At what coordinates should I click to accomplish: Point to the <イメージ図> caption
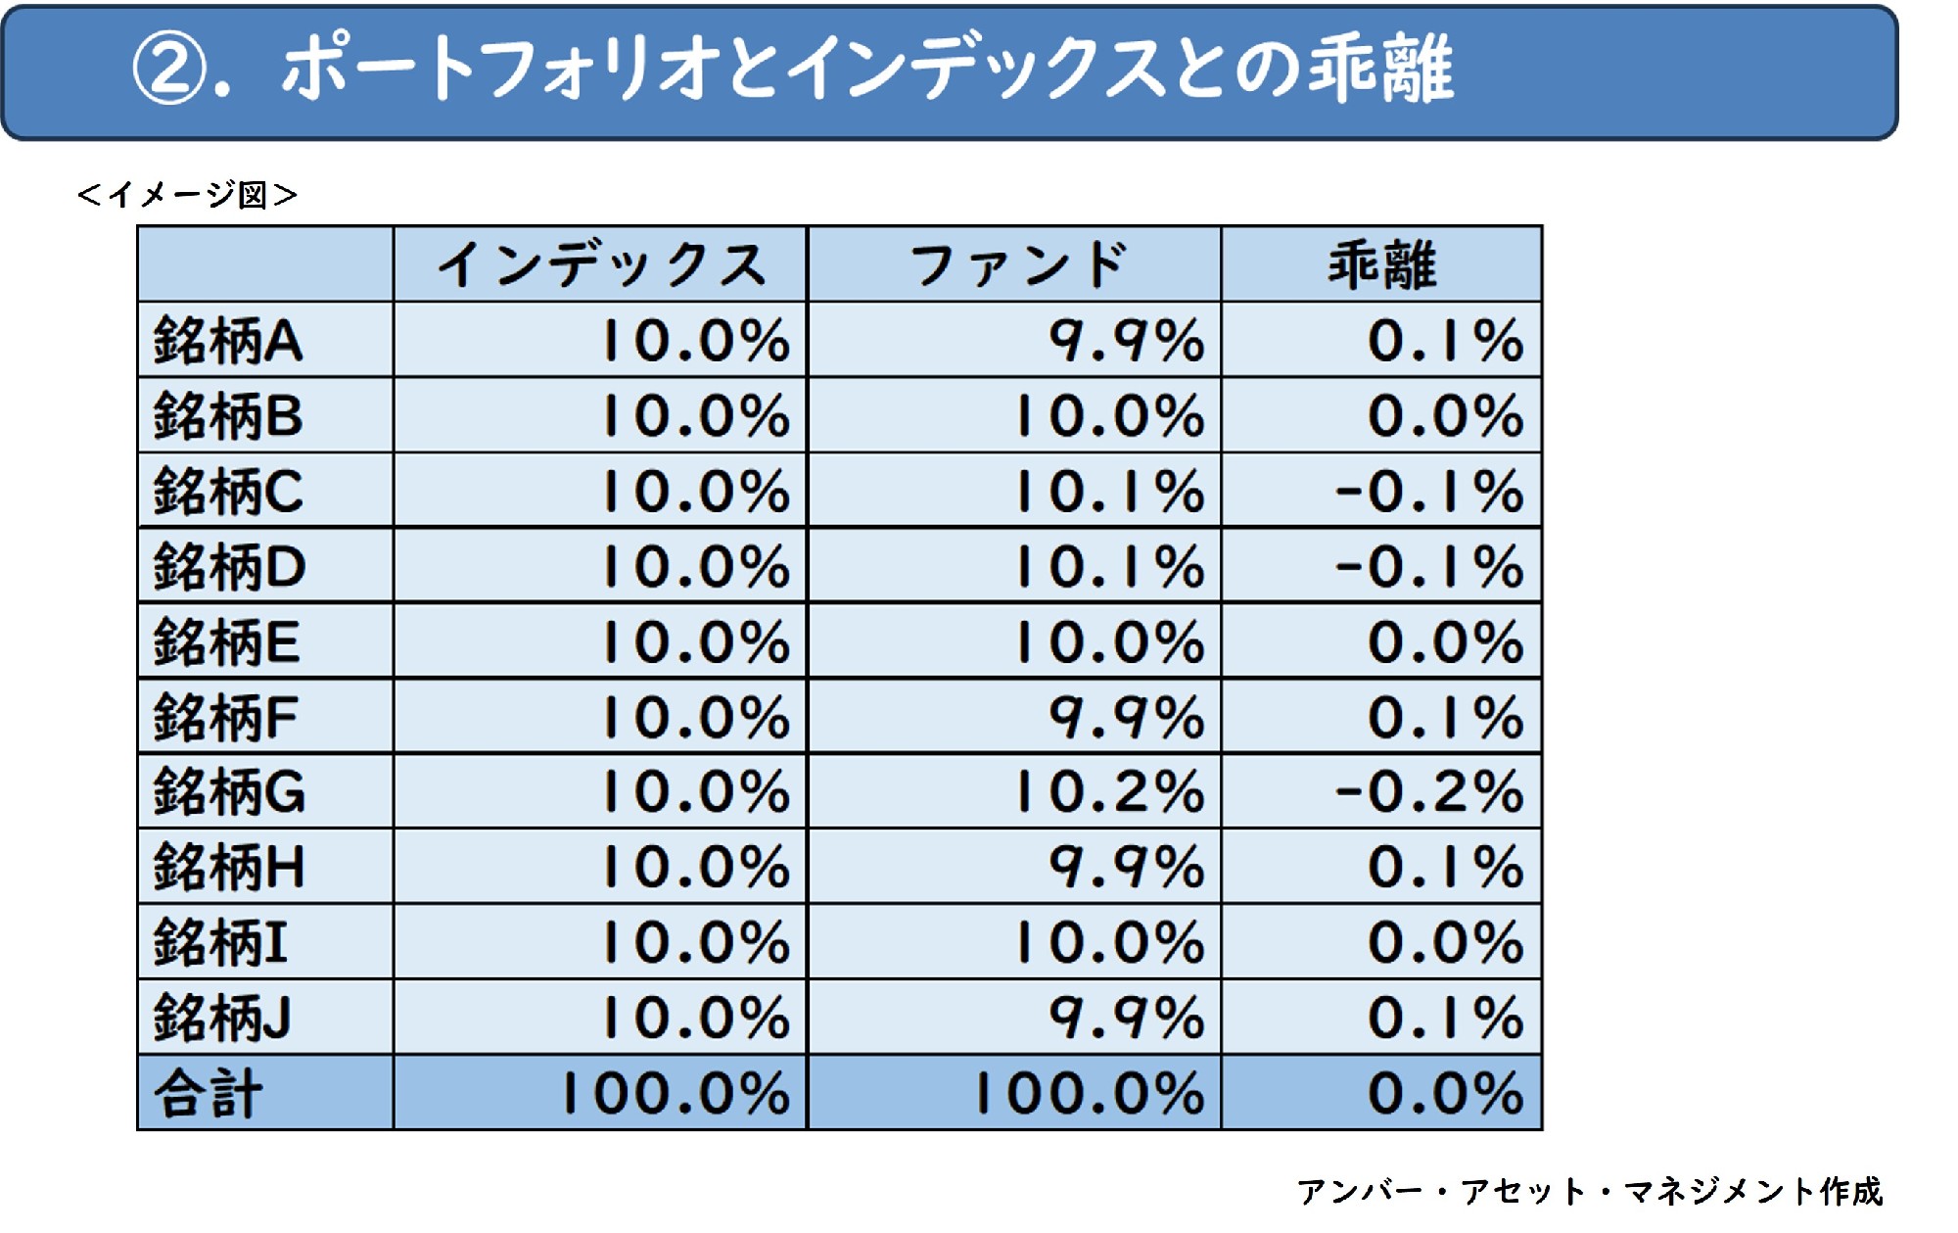click(187, 195)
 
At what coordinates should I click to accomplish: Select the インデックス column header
click(601, 264)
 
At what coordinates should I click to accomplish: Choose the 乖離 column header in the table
click(1381, 264)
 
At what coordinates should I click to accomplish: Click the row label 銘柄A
click(227, 341)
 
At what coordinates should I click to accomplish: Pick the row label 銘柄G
click(229, 791)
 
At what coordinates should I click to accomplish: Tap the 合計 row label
click(209, 1093)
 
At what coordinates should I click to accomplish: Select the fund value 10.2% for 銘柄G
click(1109, 791)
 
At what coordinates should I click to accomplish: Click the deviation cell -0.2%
click(1429, 791)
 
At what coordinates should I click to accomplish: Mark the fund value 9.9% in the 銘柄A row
click(1126, 341)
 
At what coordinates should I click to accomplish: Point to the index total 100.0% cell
click(676, 1093)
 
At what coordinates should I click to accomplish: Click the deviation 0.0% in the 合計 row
click(1445, 1093)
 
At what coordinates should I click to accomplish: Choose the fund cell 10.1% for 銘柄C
click(1109, 491)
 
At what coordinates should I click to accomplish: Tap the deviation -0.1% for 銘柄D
click(1429, 566)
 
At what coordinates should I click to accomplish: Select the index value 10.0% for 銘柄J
click(695, 1018)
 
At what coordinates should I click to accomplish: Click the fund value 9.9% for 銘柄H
click(1126, 867)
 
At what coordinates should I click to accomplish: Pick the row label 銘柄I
click(220, 942)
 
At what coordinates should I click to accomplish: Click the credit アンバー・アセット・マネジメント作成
click(1589, 1191)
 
